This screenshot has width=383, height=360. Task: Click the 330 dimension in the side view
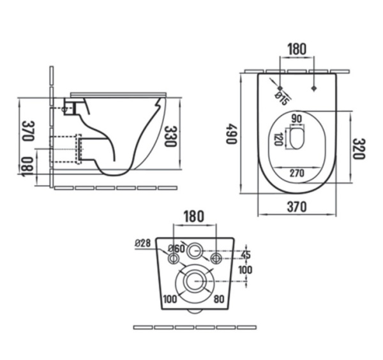(170, 136)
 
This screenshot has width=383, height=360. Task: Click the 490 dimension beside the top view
(232, 133)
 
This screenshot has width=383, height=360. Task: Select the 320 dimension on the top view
(359, 149)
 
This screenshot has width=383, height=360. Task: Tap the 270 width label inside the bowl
(296, 172)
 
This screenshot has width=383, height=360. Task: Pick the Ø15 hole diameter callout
(282, 98)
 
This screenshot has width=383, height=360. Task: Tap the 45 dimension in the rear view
(247, 255)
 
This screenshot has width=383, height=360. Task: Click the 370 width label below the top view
(297, 206)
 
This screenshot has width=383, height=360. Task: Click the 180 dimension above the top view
(297, 49)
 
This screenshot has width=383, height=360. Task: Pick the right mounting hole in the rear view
(216, 258)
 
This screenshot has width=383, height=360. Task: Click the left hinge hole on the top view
(280, 87)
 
